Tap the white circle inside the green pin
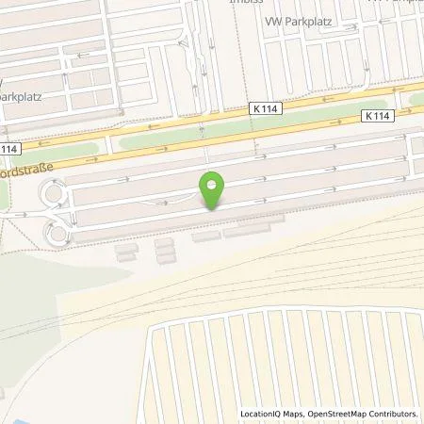[x=213, y=184]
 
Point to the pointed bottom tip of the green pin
[x=213, y=209]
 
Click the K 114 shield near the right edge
[x=375, y=116]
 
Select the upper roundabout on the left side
[x=51, y=195]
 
